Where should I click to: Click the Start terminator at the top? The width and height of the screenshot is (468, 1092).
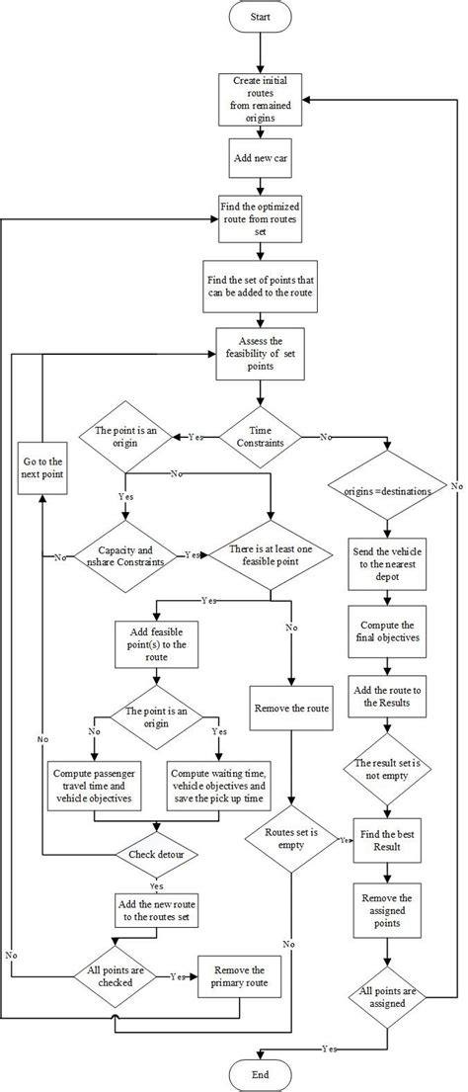tap(260, 18)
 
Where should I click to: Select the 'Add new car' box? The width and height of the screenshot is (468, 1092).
tap(260, 157)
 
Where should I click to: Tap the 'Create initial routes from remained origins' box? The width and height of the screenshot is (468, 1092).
tap(260, 99)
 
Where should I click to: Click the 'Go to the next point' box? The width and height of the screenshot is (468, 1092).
tap(41, 468)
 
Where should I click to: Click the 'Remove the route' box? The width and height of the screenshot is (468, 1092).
tap(289, 709)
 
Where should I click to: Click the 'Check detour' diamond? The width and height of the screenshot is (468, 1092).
tap(155, 853)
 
